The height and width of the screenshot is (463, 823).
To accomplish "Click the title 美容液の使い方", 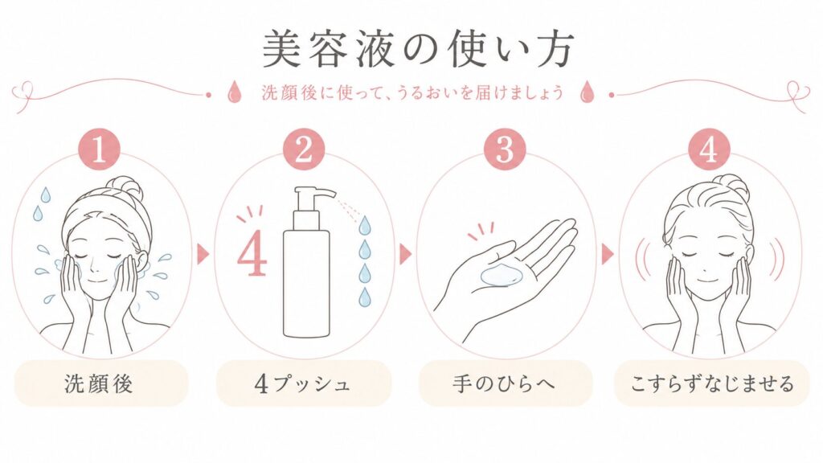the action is pyautogui.click(x=418, y=49).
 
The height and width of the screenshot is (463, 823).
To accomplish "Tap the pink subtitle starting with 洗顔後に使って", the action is pyautogui.click(x=412, y=93).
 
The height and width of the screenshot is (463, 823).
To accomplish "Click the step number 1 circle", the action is pyautogui.click(x=99, y=150).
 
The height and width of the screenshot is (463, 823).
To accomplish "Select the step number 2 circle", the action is pyautogui.click(x=303, y=150).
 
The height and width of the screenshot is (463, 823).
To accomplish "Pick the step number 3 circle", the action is pyautogui.click(x=504, y=150).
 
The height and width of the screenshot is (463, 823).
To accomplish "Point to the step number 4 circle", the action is pyautogui.click(x=709, y=150).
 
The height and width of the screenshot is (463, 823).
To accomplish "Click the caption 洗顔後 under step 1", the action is pyautogui.click(x=99, y=383).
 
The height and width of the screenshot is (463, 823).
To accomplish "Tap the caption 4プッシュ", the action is pyautogui.click(x=302, y=383).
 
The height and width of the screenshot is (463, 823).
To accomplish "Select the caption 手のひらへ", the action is pyautogui.click(x=504, y=383).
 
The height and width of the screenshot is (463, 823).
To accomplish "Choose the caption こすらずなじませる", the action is pyautogui.click(x=712, y=383).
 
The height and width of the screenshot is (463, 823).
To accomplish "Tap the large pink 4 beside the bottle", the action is pyautogui.click(x=252, y=256).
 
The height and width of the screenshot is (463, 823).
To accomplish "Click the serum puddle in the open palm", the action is pyautogui.click(x=502, y=275).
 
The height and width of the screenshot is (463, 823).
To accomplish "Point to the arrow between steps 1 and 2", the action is pyautogui.click(x=203, y=254).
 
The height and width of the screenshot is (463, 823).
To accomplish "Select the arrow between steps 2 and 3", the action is pyautogui.click(x=405, y=254).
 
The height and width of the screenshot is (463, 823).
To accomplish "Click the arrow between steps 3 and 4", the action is pyautogui.click(x=608, y=254).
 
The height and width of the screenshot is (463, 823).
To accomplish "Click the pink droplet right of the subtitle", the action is pyautogui.click(x=586, y=92).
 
